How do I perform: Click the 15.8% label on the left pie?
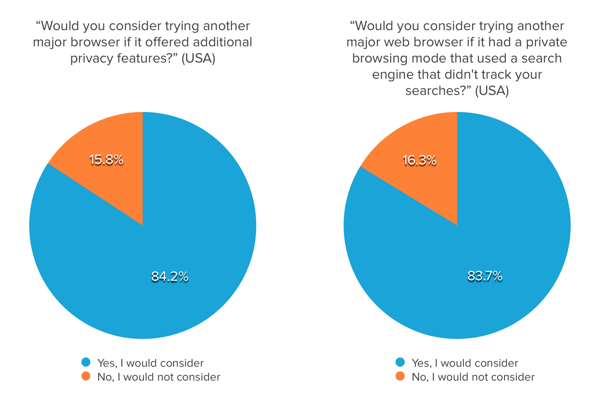click(106, 160)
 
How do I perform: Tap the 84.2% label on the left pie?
click(170, 277)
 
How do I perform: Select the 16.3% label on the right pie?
click(419, 161)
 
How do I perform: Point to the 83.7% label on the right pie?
click(485, 276)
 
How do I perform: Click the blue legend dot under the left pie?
click(86, 362)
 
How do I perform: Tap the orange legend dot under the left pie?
click(86, 376)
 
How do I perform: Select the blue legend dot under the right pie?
click(400, 362)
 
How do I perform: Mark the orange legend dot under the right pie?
click(400, 376)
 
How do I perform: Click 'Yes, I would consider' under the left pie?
click(150, 363)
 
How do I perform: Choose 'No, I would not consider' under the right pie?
click(473, 377)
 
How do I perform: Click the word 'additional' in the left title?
click(222, 42)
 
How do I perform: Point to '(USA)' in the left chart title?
click(198, 59)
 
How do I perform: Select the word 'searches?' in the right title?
click(438, 90)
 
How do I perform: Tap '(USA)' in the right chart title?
click(492, 91)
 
